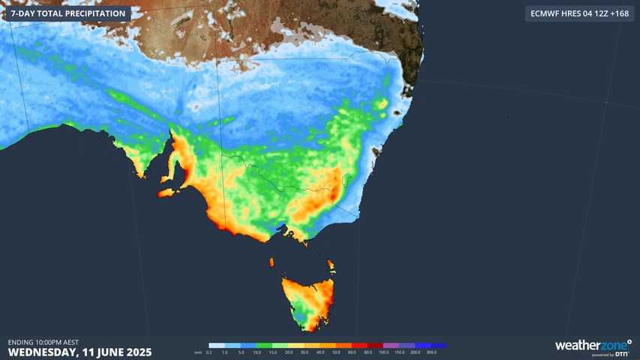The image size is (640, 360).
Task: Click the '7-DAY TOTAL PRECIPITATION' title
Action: tap(68, 13)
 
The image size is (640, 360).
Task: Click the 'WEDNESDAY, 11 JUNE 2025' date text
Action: tap(80, 352)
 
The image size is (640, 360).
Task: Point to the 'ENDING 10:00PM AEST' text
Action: tap(44, 342)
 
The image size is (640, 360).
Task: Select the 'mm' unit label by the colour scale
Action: tap(198, 352)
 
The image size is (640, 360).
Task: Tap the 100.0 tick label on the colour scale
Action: tap(384, 352)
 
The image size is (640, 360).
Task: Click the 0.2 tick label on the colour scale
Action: tap(209, 352)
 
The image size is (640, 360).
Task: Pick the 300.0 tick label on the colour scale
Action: tap(442, 352)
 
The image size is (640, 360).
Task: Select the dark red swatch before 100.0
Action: tap(376, 346)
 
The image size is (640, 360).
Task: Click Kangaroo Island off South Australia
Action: tap(169, 193)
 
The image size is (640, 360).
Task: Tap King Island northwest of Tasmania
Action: tap(272, 262)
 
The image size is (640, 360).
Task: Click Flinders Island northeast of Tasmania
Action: tap(331, 265)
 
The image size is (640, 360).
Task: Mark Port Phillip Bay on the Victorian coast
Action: tap(284, 232)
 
